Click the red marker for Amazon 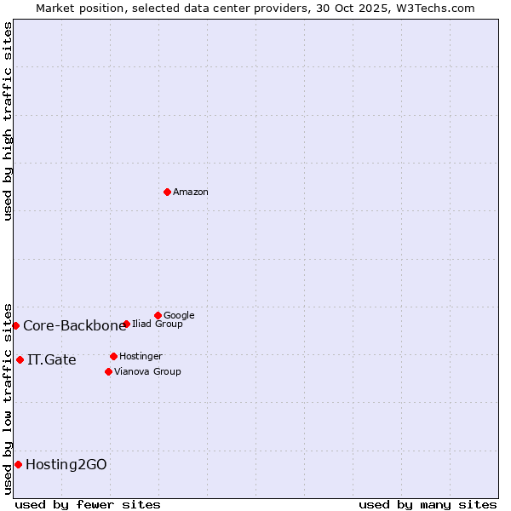click(x=167, y=192)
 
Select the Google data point click(x=158, y=315)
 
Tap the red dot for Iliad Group click(x=126, y=324)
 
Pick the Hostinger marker click(x=113, y=356)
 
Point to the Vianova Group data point click(x=108, y=371)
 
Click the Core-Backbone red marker click(x=15, y=325)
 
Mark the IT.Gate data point click(x=20, y=359)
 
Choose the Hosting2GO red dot click(x=18, y=464)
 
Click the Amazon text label click(x=191, y=192)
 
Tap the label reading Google click(x=179, y=316)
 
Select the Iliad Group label click(x=158, y=324)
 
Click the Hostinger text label click(x=141, y=357)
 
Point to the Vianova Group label click(x=147, y=372)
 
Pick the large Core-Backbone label click(x=75, y=326)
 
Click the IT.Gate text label click(x=52, y=360)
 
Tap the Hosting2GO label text click(x=66, y=465)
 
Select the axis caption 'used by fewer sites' click(x=88, y=504)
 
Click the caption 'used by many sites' click(x=428, y=504)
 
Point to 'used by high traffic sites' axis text click(x=8, y=121)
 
